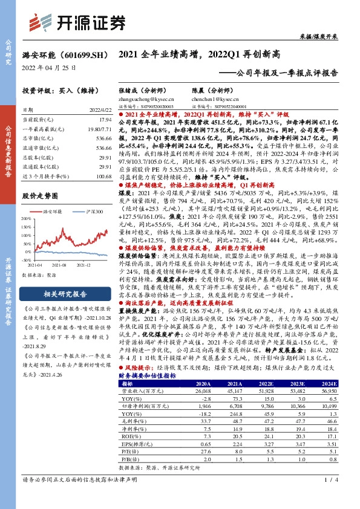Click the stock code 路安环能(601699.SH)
click(x=61, y=54)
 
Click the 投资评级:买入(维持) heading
click(x=54, y=90)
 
